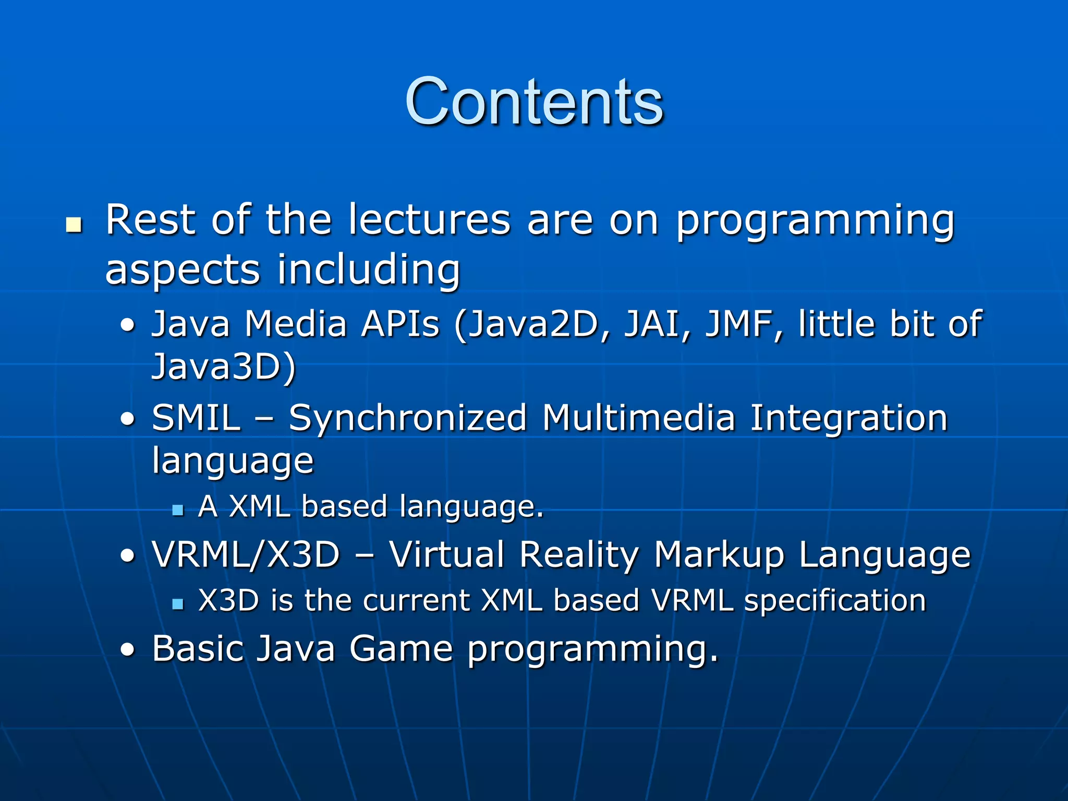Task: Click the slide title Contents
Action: pyautogui.click(x=534, y=102)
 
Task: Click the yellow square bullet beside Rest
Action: pyautogui.click(x=74, y=225)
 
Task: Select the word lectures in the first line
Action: pyautogui.click(x=429, y=220)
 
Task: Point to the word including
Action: pyautogui.click(x=369, y=270)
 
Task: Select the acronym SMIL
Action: pyautogui.click(x=197, y=418)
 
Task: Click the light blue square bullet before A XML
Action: pyautogui.click(x=178, y=509)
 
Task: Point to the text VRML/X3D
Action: pyautogui.click(x=246, y=554)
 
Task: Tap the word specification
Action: pyautogui.click(x=835, y=601)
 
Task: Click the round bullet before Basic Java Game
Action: pyautogui.click(x=127, y=650)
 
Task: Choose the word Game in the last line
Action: pyautogui.click(x=401, y=649)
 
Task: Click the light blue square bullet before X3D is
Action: pyautogui.click(x=178, y=604)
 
